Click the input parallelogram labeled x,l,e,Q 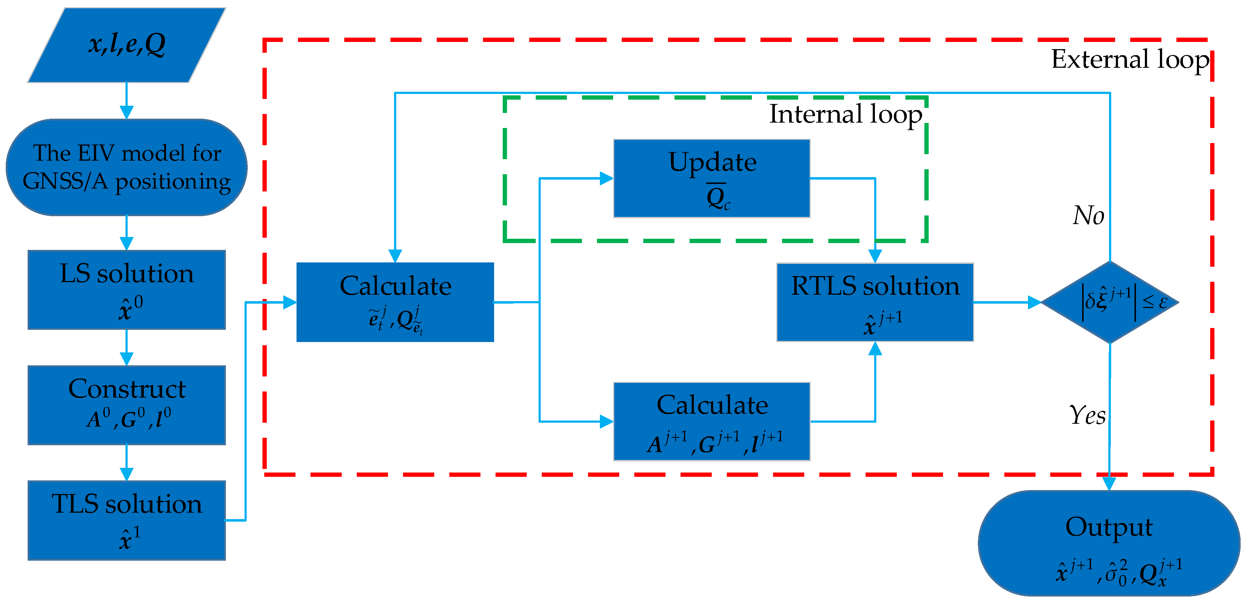(x=127, y=44)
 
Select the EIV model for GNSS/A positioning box (x=127, y=167)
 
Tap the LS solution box (x=127, y=290)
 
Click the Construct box (x=127, y=405)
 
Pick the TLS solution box (x=127, y=520)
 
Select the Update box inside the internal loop (x=711, y=179)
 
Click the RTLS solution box (x=875, y=302)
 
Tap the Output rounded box (x=1109, y=543)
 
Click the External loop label (x=1130, y=60)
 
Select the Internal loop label (x=845, y=115)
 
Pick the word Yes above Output (x=1087, y=415)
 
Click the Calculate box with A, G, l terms (x=711, y=421)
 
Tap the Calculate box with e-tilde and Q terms (x=395, y=302)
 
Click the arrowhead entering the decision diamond (x=1034, y=302)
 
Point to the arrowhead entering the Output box (x=1109, y=484)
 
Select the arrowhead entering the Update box (x=606, y=179)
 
